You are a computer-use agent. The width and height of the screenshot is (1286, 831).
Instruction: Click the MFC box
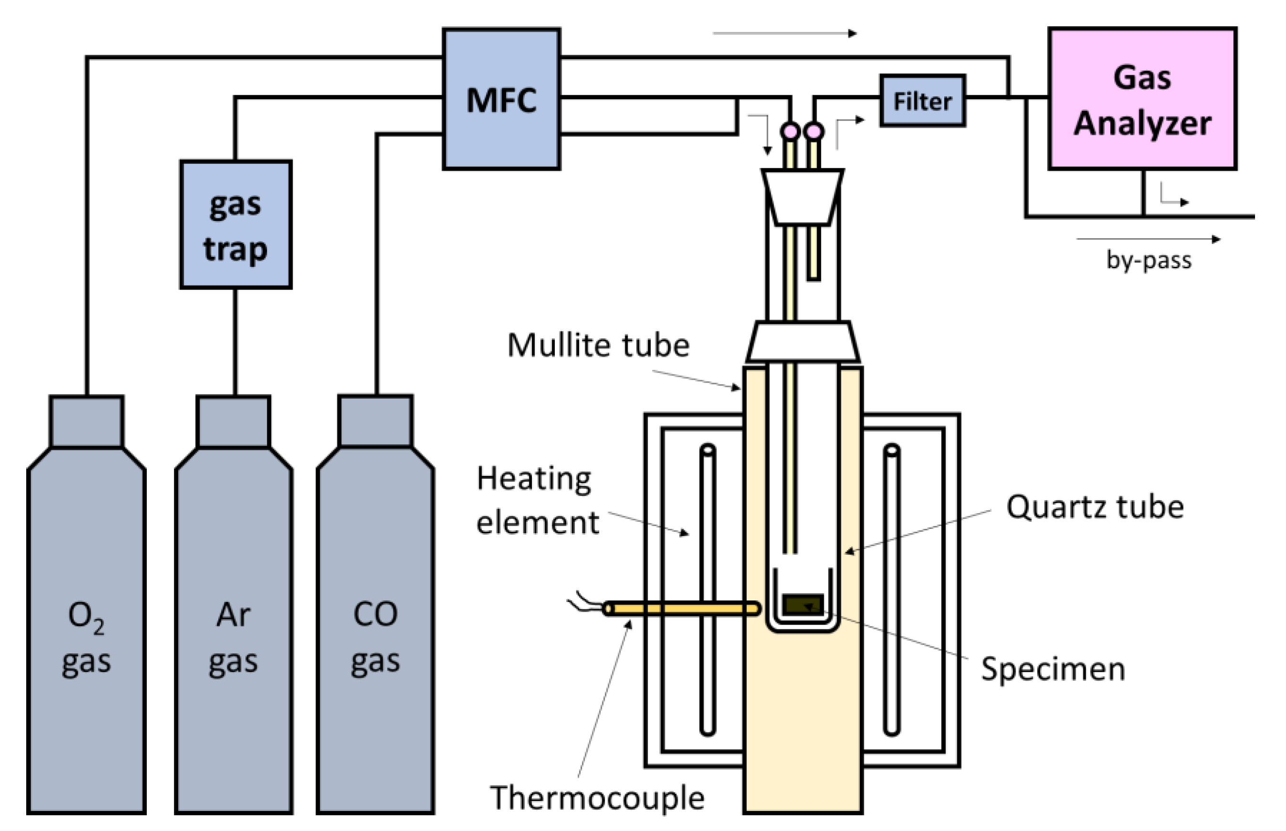pos(501,99)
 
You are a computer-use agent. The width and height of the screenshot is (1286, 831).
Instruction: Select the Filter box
pos(922,101)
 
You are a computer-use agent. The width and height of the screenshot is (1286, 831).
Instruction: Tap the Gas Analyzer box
pos(1142,98)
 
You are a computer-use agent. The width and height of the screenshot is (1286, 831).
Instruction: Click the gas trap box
pos(236,224)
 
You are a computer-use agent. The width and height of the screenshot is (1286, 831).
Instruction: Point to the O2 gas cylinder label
pos(86,638)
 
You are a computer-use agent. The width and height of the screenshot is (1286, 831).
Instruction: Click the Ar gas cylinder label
pos(233,638)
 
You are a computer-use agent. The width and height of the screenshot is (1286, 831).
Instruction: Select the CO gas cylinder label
pos(375,638)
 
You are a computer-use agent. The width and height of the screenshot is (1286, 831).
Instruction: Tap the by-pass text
pos(1148,260)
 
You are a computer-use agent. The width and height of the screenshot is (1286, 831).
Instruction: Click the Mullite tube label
pos(599,345)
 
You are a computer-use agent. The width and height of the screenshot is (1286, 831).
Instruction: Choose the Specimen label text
pos(1053,669)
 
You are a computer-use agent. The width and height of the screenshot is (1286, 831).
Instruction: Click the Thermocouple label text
pos(597,798)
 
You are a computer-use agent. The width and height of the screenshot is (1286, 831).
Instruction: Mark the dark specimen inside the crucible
pos(803,604)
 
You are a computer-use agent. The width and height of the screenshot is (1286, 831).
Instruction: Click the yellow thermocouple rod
pos(682,608)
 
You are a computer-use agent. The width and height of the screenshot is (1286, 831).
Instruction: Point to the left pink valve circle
pos(790,131)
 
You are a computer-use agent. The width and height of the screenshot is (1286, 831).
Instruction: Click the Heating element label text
pos(538,500)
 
